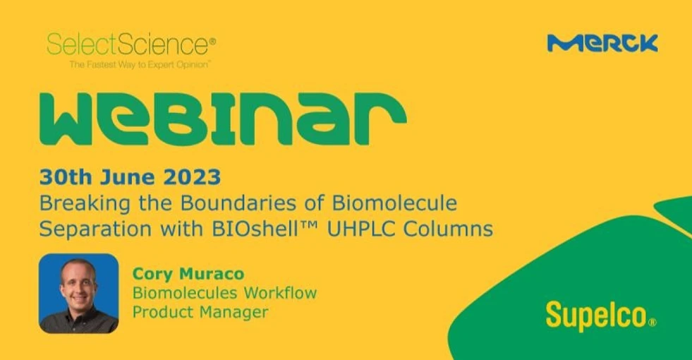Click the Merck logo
(x=602, y=44)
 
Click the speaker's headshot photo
(x=78, y=293)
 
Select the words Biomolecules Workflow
(x=224, y=292)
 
